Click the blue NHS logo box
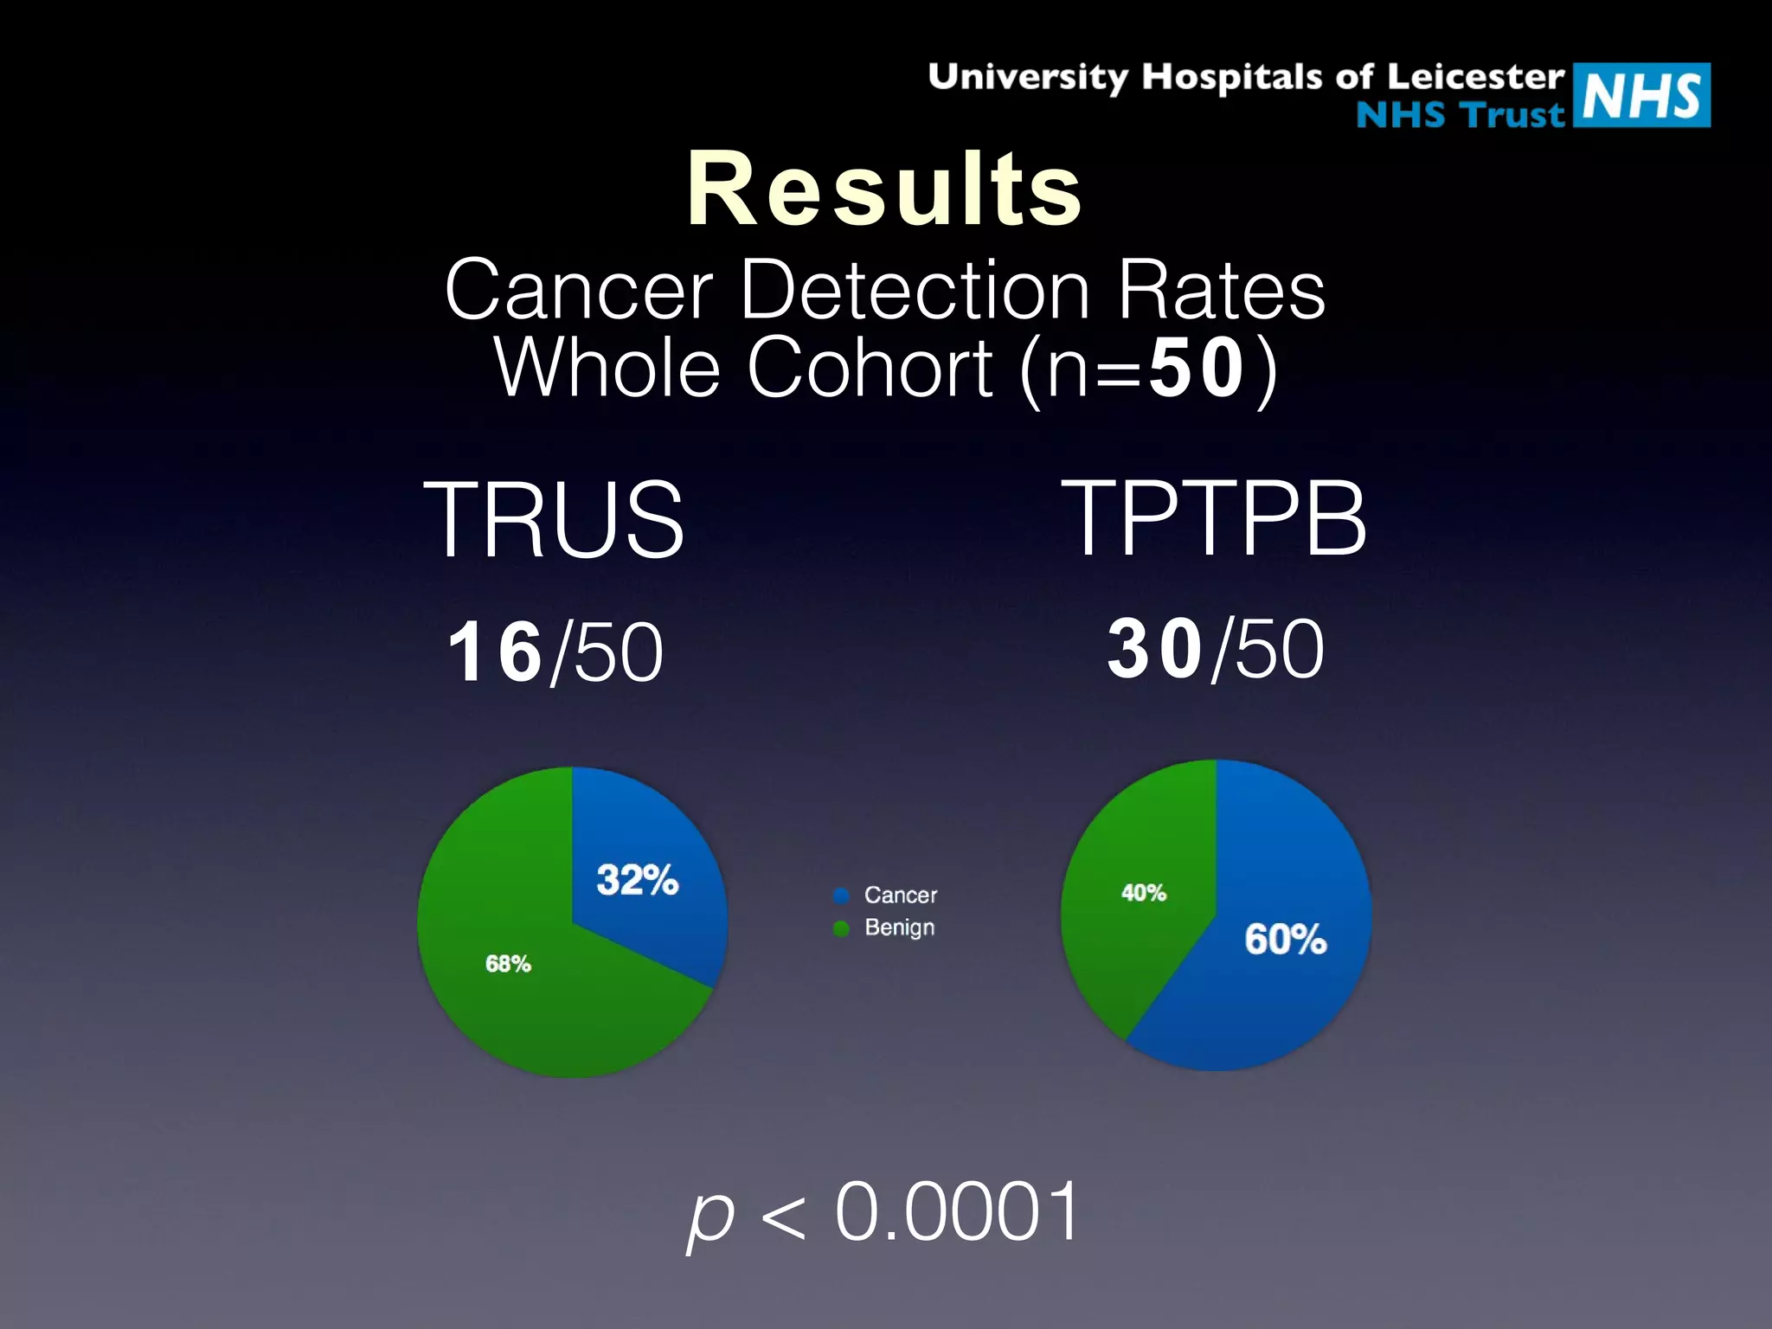(x=1641, y=95)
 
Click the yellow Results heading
(x=884, y=189)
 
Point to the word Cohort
(x=870, y=368)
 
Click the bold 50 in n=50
(x=1197, y=368)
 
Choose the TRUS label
(x=554, y=519)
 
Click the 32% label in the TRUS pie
(x=638, y=880)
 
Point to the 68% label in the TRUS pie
(x=508, y=964)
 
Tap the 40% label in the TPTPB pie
(x=1144, y=893)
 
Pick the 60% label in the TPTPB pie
(x=1286, y=939)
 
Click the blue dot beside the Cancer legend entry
(x=841, y=896)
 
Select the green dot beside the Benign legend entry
(x=841, y=928)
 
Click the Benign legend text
(x=900, y=928)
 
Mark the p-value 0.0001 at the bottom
(x=957, y=1211)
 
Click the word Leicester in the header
(x=1476, y=77)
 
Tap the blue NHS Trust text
(x=1461, y=114)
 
